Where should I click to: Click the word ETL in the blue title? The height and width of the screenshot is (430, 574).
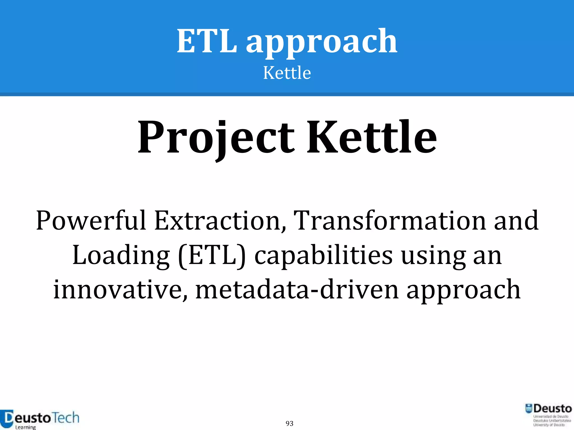tap(207, 41)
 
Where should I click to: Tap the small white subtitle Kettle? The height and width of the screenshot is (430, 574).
tap(287, 73)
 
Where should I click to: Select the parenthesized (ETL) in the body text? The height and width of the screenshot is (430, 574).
tap(212, 255)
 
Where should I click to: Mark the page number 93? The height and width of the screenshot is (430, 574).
tap(290, 424)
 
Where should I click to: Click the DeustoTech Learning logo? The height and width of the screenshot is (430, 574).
tap(40, 419)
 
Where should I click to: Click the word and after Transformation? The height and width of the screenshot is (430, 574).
tap(516, 221)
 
